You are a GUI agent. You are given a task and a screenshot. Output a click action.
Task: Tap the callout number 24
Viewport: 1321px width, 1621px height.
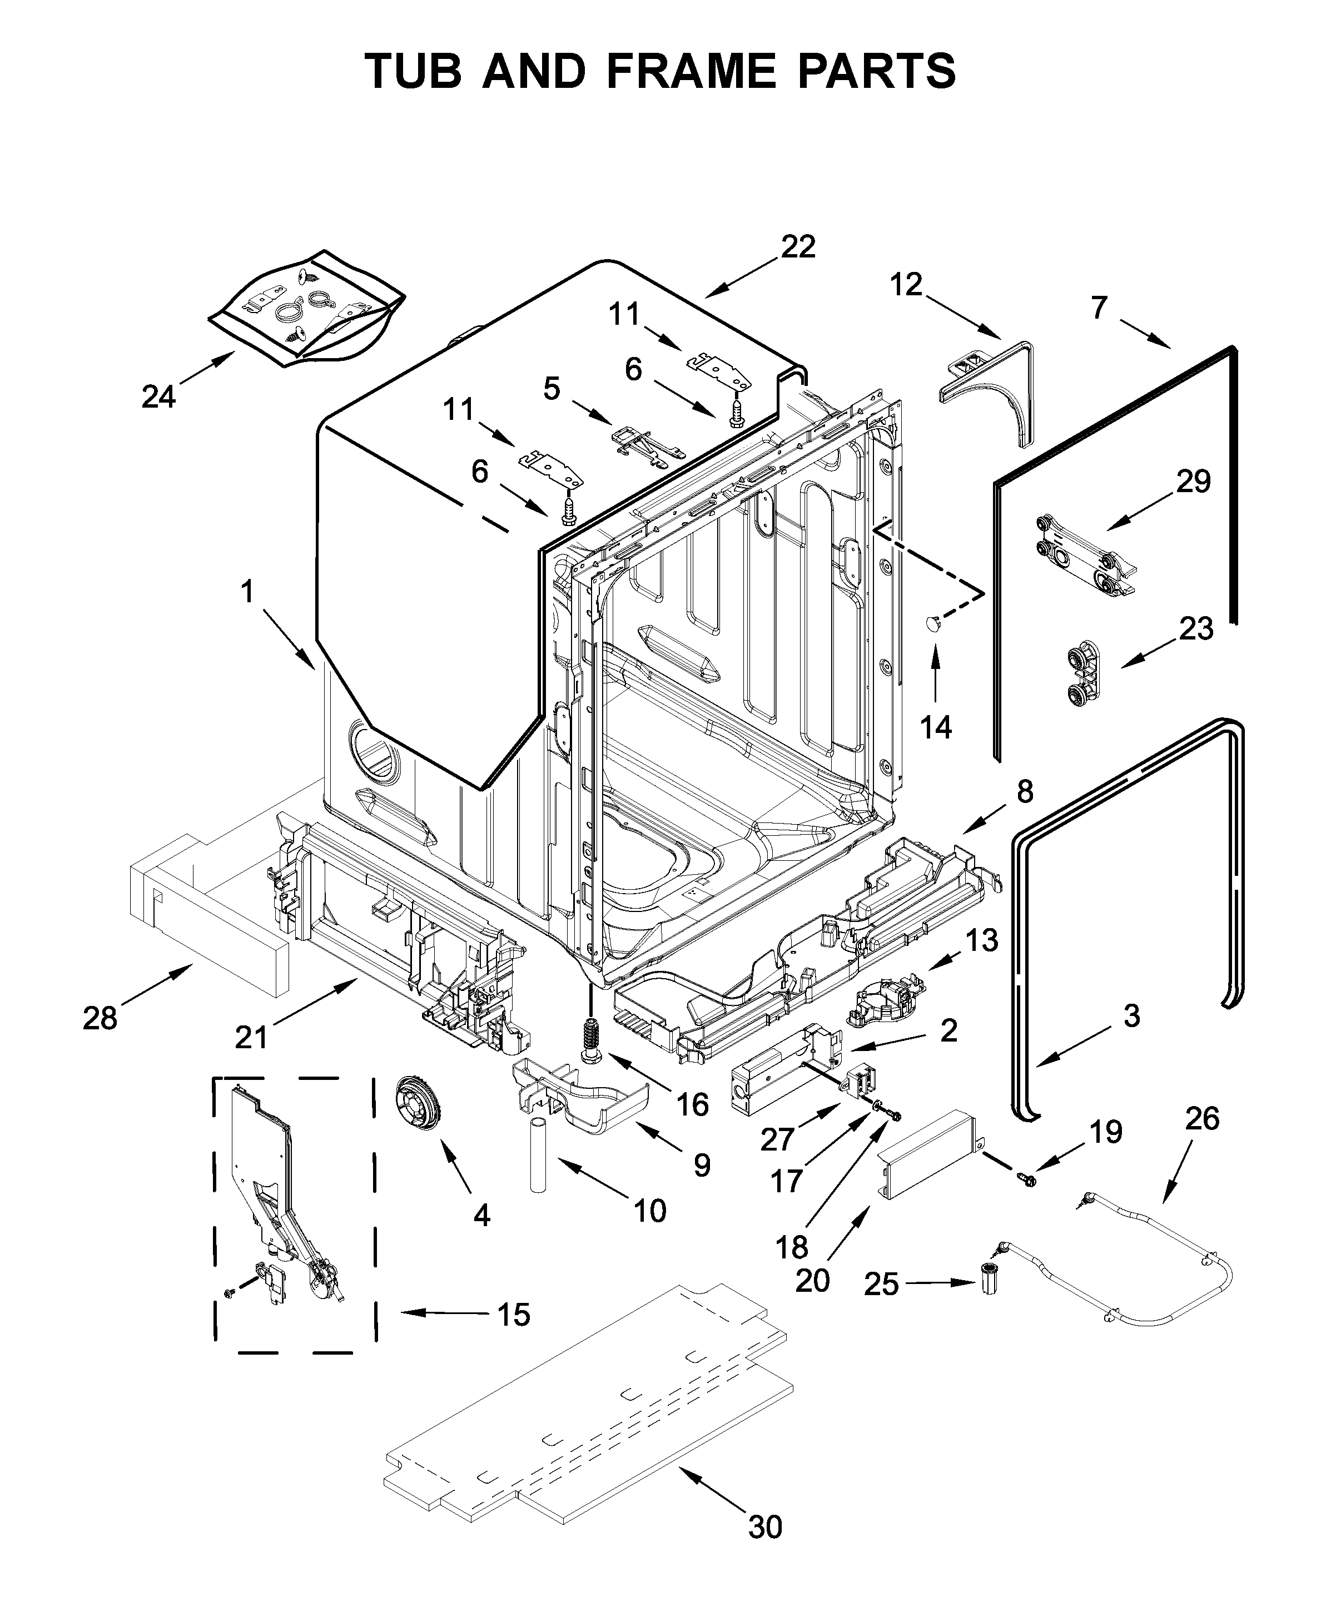(x=158, y=396)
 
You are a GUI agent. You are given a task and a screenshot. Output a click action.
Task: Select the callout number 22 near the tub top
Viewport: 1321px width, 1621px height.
(x=797, y=246)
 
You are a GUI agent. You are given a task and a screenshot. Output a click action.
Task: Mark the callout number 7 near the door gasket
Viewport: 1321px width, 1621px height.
(x=1099, y=308)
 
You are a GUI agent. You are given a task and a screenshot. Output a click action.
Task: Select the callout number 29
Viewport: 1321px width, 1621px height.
(x=1193, y=481)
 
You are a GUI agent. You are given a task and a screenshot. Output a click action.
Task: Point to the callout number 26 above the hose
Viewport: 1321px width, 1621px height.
(x=1202, y=1118)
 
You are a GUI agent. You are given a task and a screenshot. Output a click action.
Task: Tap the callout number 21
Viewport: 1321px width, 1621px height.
(x=251, y=1037)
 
